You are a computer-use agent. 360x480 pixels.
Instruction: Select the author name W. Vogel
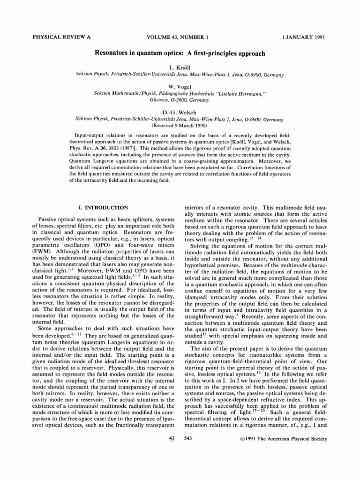tap(180, 86)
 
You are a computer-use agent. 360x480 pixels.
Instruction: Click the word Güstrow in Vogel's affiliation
tap(148, 99)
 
